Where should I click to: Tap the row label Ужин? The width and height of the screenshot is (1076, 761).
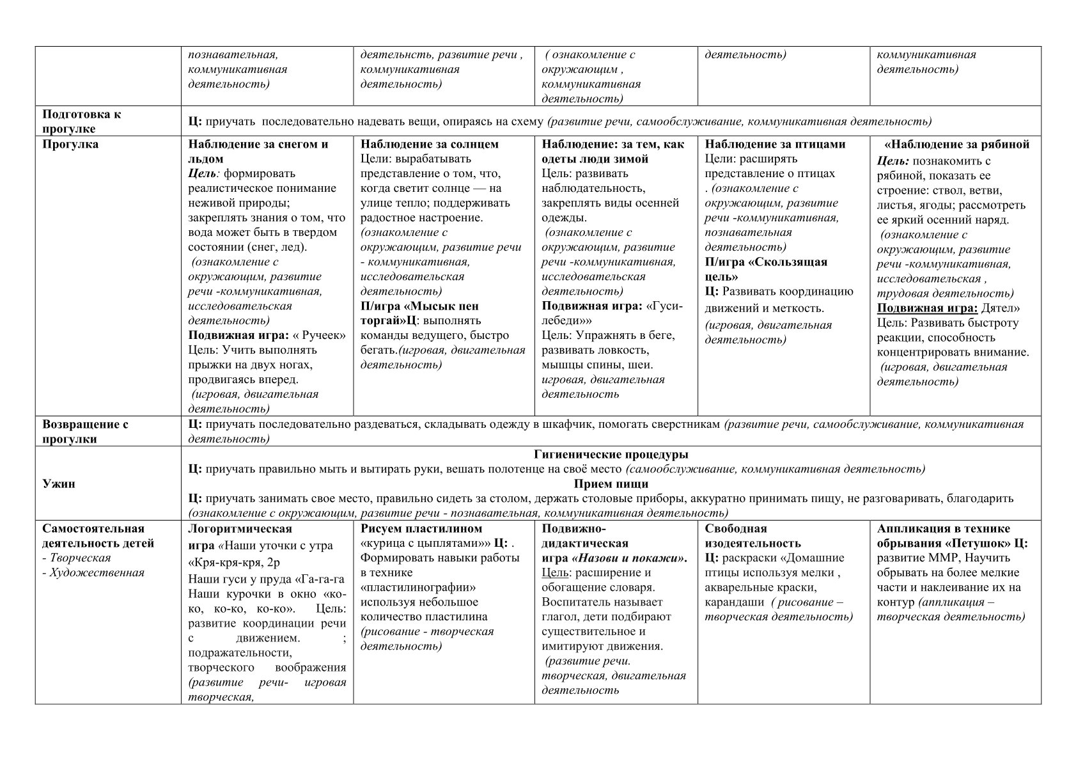(59, 484)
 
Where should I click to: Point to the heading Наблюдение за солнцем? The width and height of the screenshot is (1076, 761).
(430, 145)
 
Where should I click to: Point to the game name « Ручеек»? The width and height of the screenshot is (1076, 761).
(319, 336)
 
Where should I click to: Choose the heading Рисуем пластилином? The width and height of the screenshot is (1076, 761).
(421, 529)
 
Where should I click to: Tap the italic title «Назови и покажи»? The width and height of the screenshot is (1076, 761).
(633, 558)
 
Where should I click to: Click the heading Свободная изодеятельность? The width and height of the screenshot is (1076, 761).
(752, 536)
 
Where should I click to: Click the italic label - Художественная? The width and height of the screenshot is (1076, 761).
(93, 572)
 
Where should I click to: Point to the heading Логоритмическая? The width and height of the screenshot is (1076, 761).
(240, 529)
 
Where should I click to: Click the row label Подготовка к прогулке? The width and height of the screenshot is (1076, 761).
(81, 122)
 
